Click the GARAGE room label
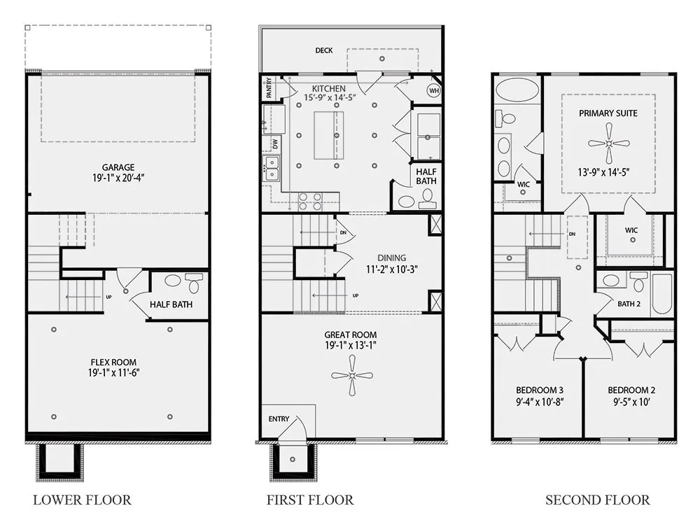tap(118, 167)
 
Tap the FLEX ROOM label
tap(113, 362)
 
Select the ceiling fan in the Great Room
tap(352, 375)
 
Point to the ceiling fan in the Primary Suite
tap(608, 143)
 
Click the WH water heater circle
tap(434, 90)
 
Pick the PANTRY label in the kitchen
tap(269, 88)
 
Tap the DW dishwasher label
tap(275, 143)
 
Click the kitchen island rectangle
tap(329, 135)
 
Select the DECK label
tap(323, 50)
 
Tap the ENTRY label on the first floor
tap(279, 419)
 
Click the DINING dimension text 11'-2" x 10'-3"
tap(392, 269)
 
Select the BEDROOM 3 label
tap(540, 390)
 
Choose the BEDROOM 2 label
tap(631, 390)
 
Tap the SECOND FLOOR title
tap(597, 500)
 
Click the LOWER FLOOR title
tap(82, 500)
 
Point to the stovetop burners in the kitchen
tap(310, 201)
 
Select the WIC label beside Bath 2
tap(631, 230)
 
